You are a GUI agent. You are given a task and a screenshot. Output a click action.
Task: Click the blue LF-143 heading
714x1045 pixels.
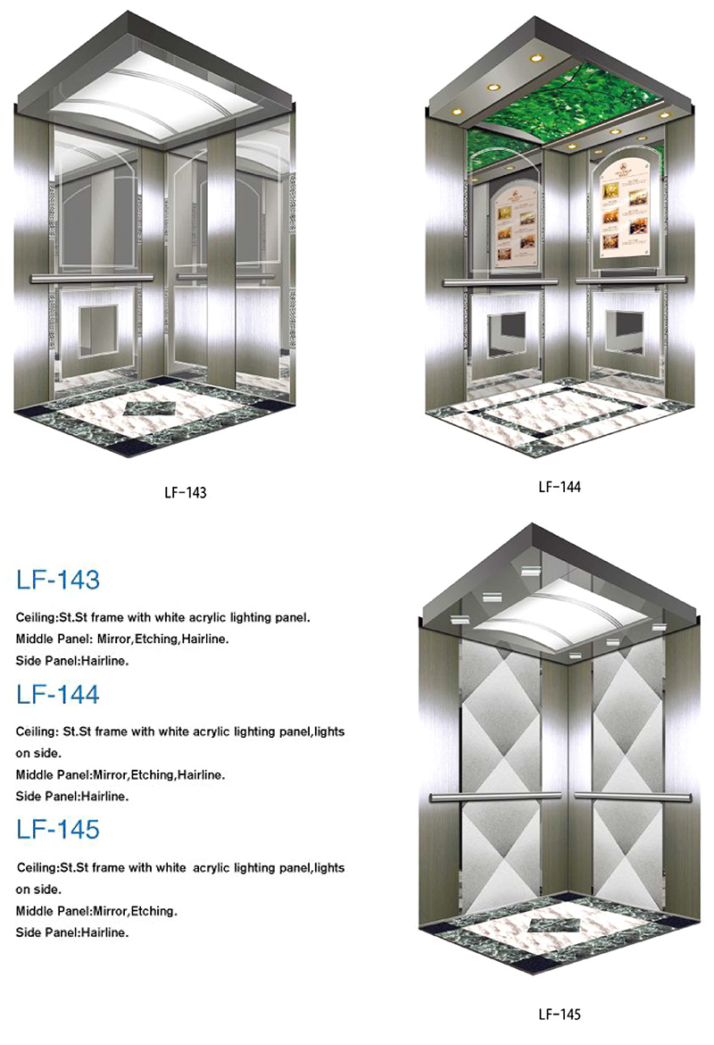[58, 579]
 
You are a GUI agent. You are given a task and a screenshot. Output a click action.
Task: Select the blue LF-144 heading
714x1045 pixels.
[58, 695]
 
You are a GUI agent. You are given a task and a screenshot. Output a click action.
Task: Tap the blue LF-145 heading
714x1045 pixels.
[58, 829]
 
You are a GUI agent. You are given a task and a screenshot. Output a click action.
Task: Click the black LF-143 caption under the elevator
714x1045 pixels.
[186, 492]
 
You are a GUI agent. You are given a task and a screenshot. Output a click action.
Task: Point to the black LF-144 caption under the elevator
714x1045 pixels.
[560, 487]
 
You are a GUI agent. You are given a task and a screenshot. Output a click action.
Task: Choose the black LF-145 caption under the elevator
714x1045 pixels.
[560, 1015]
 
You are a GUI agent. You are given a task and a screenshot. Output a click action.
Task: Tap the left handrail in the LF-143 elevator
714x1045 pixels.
[91, 277]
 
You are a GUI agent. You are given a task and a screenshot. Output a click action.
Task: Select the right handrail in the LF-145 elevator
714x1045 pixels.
[633, 796]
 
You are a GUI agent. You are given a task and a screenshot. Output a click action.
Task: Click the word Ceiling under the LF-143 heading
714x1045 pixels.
[36, 618]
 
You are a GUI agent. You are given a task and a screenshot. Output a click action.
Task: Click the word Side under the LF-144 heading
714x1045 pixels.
[29, 796]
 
